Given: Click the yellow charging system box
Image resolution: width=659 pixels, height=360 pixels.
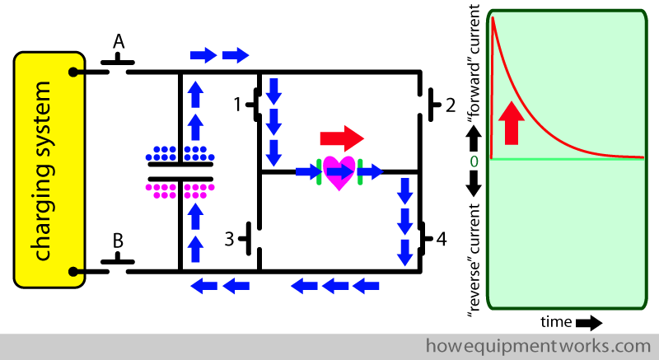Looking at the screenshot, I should (x=49, y=169).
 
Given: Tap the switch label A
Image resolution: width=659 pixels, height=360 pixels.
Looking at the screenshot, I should (x=119, y=41).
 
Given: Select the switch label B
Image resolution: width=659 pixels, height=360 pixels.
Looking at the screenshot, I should (x=118, y=241).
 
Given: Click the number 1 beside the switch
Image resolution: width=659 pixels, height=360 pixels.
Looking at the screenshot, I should (x=238, y=105).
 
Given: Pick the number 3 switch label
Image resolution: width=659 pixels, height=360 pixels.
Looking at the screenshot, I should (x=230, y=240).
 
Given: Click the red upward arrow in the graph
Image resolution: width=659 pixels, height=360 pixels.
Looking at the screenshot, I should (x=512, y=123).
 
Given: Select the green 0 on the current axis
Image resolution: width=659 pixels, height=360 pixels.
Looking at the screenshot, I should (x=474, y=160).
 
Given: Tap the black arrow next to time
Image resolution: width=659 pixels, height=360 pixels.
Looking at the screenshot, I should (x=590, y=321).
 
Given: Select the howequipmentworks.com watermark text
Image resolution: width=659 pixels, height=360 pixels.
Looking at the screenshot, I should (x=539, y=345).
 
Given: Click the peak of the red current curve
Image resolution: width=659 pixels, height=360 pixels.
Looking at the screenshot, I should (x=494, y=18).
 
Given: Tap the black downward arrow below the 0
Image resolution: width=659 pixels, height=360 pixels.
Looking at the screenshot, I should (x=474, y=185).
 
